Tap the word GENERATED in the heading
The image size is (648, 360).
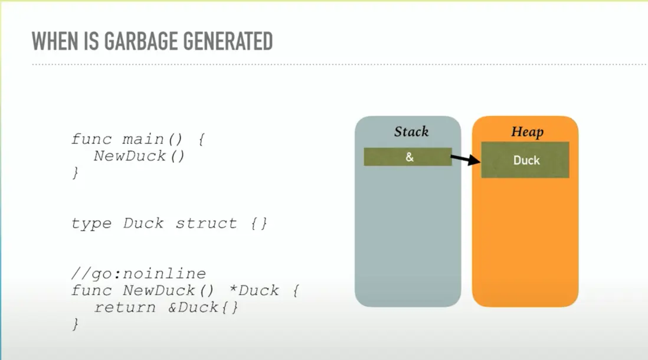pos(228,41)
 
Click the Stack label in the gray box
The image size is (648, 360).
pos(411,132)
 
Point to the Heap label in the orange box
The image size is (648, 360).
pos(528,132)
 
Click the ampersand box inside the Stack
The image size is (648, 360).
pos(407,157)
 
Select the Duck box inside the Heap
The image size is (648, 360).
pos(525,160)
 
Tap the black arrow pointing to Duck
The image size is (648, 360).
pos(466,159)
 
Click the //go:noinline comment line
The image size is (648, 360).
pos(139,274)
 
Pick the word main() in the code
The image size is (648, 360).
pos(152,139)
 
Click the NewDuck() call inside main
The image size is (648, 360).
pos(139,156)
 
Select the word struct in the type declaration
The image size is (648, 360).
pos(206,223)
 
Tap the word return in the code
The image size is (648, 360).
pos(125,307)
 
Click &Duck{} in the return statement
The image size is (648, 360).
pos(204,307)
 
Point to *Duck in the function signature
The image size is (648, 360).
pos(254,290)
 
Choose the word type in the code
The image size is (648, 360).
pos(91,224)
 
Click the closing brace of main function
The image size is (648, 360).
pos(75,172)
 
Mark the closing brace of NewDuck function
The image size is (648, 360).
pos(75,324)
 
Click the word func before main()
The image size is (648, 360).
pos(91,139)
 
